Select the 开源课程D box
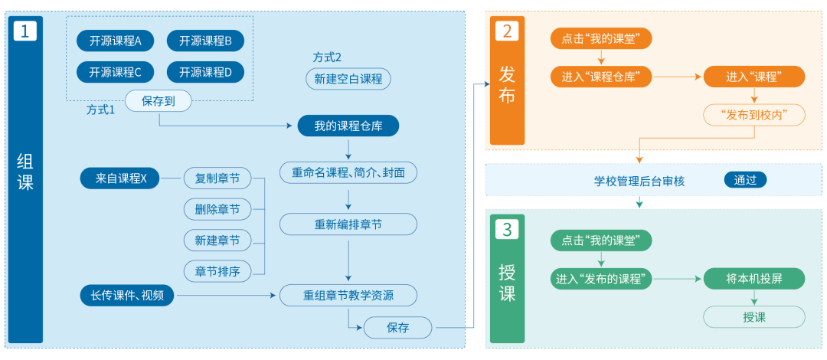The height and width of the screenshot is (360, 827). coord(205,73)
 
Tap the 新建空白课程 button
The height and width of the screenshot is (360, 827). coord(348,79)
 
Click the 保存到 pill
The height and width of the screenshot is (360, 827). coord(159,100)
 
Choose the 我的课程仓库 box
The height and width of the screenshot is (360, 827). coord(348,126)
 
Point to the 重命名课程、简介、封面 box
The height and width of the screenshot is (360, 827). coord(348,172)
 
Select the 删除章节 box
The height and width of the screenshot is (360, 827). coord(217,209)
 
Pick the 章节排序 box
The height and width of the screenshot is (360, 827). coord(217,271)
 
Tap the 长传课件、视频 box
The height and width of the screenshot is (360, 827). coord(127,295)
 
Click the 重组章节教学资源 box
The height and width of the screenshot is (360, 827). coord(348,295)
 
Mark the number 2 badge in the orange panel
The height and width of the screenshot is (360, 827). coord(507,31)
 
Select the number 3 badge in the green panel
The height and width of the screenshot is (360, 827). coord(507,229)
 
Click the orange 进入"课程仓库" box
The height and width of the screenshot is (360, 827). coord(601,77)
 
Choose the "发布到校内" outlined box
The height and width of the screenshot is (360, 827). coord(754,116)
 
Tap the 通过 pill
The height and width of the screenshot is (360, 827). coord(745,181)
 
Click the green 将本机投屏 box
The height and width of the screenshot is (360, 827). coord(754,279)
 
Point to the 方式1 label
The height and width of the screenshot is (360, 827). coord(100,110)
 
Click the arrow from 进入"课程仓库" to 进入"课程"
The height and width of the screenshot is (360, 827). coord(678,77)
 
